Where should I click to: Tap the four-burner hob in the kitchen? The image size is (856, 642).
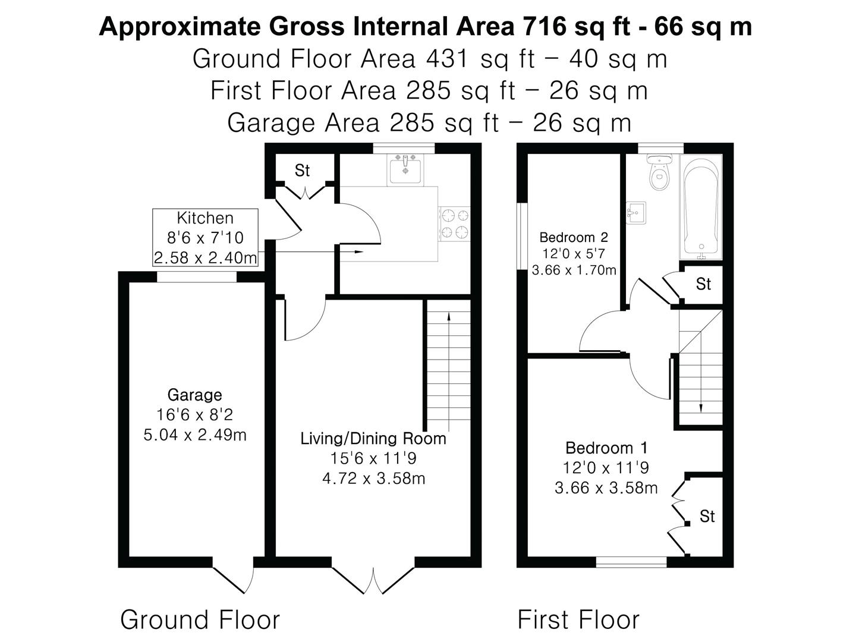(x=454, y=224)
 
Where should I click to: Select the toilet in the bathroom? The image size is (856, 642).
(x=659, y=172)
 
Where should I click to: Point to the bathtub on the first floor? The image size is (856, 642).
(x=701, y=207)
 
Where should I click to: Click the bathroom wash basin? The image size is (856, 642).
(x=636, y=212)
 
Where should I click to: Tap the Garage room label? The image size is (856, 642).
(x=194, y=395)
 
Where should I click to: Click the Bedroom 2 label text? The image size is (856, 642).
(x=574, y=237)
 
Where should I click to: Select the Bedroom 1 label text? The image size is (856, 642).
(x=606, y=448)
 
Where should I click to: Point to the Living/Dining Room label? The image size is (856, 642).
(x=373, y=439)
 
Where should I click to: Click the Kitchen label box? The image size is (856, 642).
(x=205, y=237)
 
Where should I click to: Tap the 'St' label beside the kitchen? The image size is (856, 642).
(x=302, y=171)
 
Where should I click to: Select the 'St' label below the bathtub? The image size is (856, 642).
(x=703, y=284)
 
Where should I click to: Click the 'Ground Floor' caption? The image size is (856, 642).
(x=200, y=619)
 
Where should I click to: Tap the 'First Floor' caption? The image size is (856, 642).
(x=578, y=619)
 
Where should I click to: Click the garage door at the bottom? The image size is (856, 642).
(x=233, y=580)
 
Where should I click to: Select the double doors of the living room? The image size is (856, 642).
(x=373, y=580)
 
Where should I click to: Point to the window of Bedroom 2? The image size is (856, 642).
(x=522, y=236)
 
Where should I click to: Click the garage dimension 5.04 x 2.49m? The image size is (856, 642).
(x=195, y=435)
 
